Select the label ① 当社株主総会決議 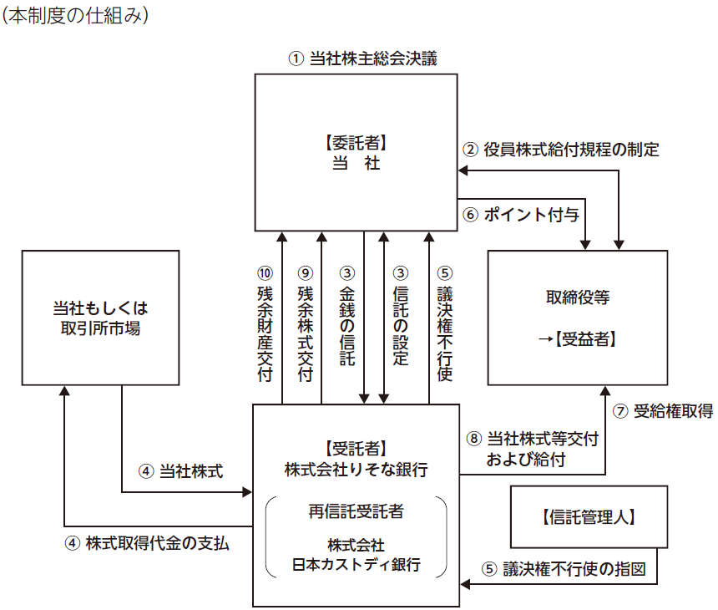pyautogui.click(x=362, y=59)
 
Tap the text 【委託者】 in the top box pyautogui.click(x=357, y=142)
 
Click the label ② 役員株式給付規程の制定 pyautogui.click(x=561, y=150)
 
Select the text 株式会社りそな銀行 pyautogui.click(x=356, y=470)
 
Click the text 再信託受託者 pyautogui.click(x=356, y=511)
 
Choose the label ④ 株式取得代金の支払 pyautogui.click(x=146, y=541)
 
